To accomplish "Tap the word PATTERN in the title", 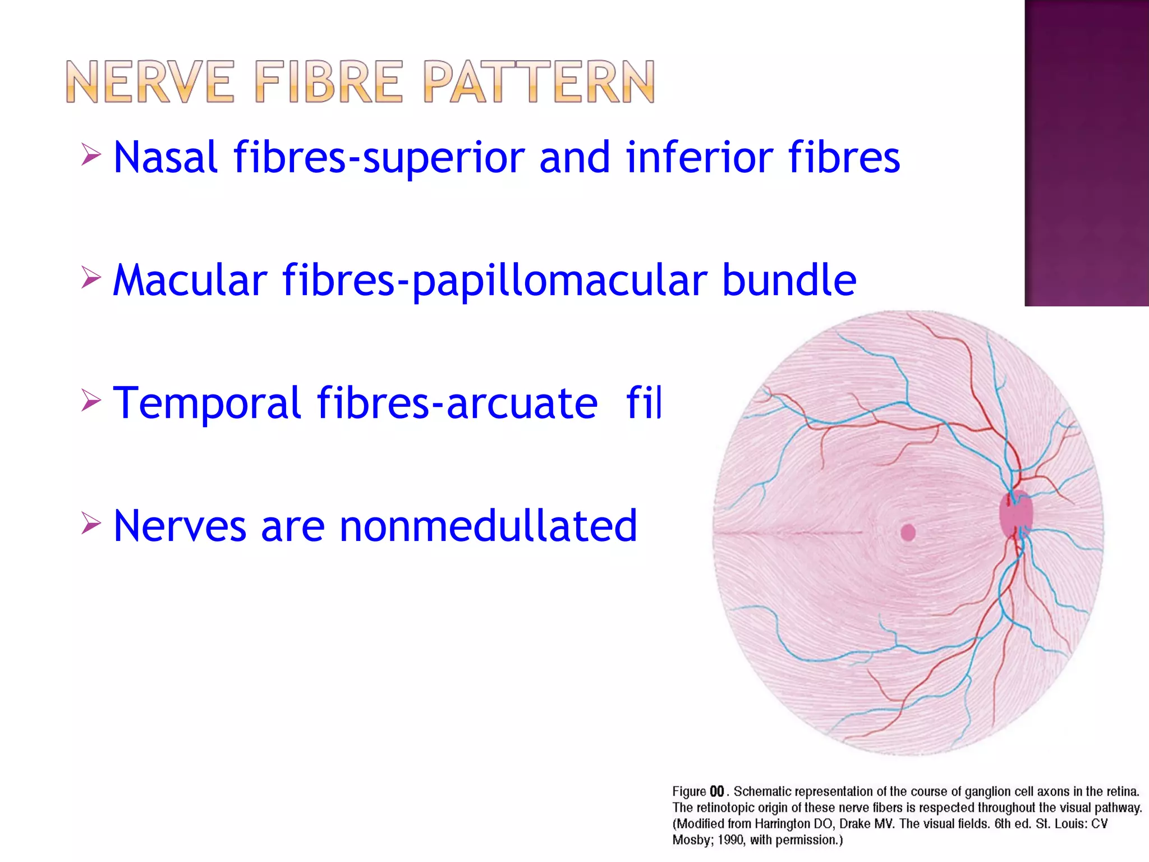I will [x=539, y=82].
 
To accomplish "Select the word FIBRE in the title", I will [x=329, y=82].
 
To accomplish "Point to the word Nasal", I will [x=165, y=158].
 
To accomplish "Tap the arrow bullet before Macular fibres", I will [x=90, y=277].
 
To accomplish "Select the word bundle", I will [x=789, y=280].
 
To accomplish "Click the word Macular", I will [x=190, y=280].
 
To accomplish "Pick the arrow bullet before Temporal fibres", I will [x=90, y=400].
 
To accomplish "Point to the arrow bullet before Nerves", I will [x=90, y=523].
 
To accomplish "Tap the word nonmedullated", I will [x=488, y=526].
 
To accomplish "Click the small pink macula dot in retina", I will [x=908, y=532].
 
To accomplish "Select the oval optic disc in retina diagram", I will [x=1015, y=514].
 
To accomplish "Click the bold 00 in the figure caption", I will [x=716, y=792].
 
